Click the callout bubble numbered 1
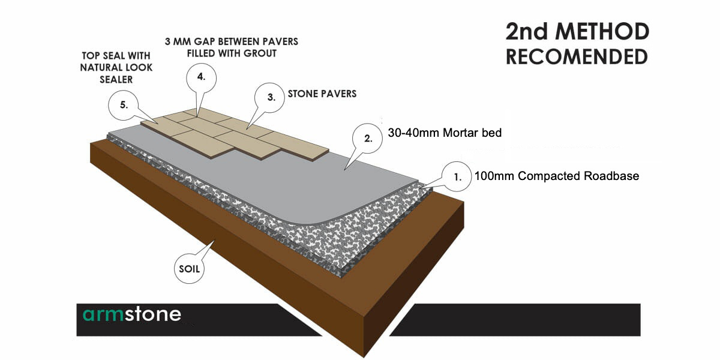coord(457,177)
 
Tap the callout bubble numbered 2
coord(368,137)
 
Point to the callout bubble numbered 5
coord(124,104)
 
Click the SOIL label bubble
coord(188,269)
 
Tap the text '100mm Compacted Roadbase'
coord(556,176)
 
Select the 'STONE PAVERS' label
coord(322,94)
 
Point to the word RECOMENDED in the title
coord(577,57)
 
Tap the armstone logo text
coord(131,314)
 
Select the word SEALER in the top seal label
coord(116,79)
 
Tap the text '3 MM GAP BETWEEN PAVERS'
coord(231,41)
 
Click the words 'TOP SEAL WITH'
coord(116,56)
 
